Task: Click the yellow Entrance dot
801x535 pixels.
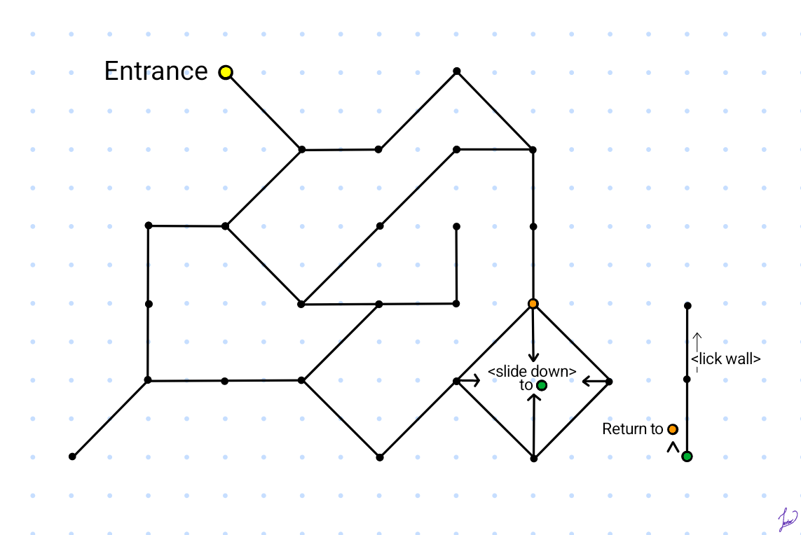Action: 226,72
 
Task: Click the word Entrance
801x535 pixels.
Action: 156,71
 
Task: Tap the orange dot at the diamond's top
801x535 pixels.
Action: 533,304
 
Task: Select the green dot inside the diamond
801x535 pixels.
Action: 542,385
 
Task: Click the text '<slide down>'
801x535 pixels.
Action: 532,371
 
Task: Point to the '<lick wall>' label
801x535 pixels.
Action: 726,359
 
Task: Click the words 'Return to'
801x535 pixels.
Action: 632,429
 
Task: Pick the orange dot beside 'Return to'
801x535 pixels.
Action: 673,429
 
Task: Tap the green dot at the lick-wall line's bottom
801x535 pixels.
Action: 687,457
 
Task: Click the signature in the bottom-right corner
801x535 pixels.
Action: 788,519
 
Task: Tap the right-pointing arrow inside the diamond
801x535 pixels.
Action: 470,381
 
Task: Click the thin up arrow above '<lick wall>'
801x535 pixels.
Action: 697,342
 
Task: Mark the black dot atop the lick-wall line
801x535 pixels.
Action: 687,305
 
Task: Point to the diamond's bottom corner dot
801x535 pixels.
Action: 533,459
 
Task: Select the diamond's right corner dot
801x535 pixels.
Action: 609,382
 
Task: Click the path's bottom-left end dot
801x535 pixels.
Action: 72,457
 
